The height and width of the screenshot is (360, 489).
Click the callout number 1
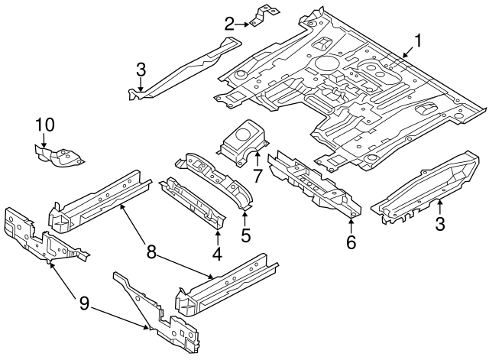click(418, 40)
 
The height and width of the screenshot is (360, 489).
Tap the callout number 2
click(228, 24)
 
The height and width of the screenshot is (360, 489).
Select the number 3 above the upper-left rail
click(141, 70)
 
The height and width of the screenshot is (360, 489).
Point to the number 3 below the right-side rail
click(439, 223)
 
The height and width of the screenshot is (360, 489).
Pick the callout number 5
click(245, 236)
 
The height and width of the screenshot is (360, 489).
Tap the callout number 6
click(351, 242)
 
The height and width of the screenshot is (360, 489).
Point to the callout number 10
click(45, 124)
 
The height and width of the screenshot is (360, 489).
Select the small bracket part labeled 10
click(57, 157)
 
